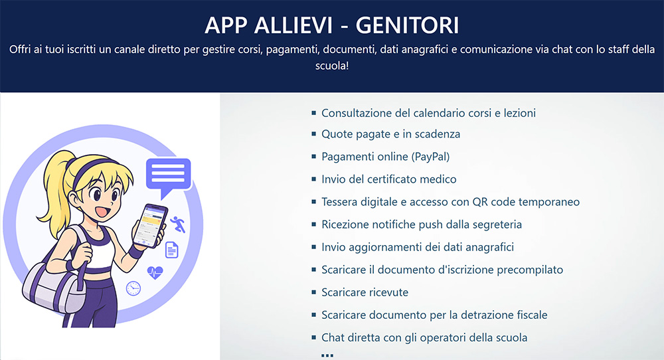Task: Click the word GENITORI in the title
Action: [x=407, y=25]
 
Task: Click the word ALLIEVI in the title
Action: [x=293, y=25]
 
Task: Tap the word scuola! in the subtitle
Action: [x=332, y=66]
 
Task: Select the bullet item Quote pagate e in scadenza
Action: [x=390, y=134]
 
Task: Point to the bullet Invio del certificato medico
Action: [x=388, y=179]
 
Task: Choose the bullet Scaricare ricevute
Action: [x=365, y=292]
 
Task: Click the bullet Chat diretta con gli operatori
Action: [x=424, y=337]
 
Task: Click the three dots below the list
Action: [x=327, y=355]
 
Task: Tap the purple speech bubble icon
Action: [x=168, y=175]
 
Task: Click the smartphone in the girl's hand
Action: [x=150, y=225]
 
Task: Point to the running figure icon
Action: [x=178, y=224]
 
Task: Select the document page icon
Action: [x=171, y=250]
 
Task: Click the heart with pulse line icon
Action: [x=155, y=272]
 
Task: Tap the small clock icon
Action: [x=133, y=288]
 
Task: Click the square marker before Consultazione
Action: [x=314, y=113]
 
